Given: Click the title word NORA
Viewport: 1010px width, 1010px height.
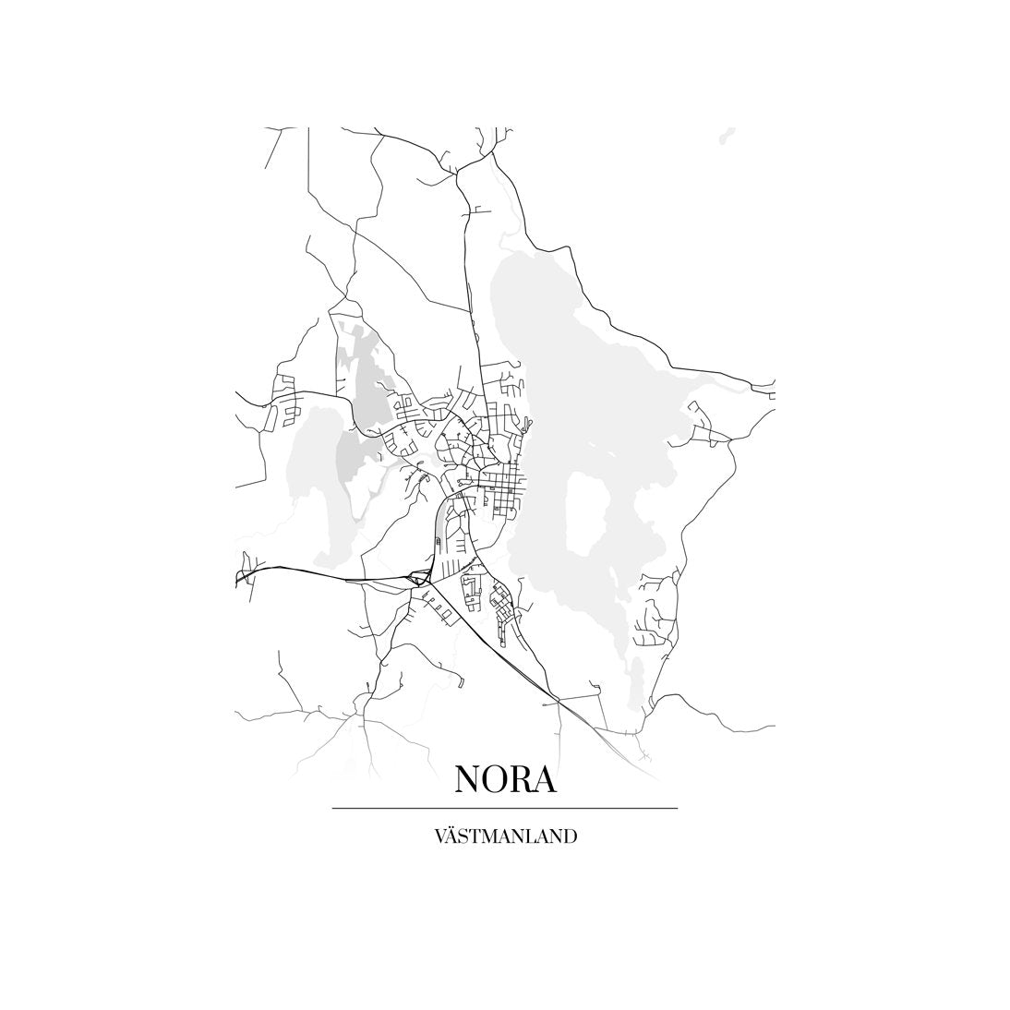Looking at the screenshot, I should tap(505, 779).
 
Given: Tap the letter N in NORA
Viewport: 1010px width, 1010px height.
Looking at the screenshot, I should tap(468, 779).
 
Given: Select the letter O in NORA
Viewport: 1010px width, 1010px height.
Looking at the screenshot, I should tap(497, 779).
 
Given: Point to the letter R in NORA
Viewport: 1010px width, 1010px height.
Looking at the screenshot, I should tap(521, 779).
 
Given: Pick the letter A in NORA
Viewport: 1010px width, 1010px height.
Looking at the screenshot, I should tap(545, 779).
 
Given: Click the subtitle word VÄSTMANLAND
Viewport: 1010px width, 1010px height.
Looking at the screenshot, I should tap(505, 836).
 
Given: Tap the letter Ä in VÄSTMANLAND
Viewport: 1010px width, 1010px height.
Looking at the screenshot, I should tap(451, 836).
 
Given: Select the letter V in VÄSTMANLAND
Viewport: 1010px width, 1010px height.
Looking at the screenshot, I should tap(439, 836).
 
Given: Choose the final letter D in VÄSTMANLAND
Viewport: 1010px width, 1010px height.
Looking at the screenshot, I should tap(571, 836).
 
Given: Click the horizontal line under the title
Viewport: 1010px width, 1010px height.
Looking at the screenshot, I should tap(505, 808).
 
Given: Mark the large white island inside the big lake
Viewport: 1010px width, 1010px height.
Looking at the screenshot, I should tap(584, 513).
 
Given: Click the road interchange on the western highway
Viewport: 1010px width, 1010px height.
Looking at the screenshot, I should tap(420, 579).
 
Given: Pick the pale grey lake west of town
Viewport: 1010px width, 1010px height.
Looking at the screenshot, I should tap(314, 480).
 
